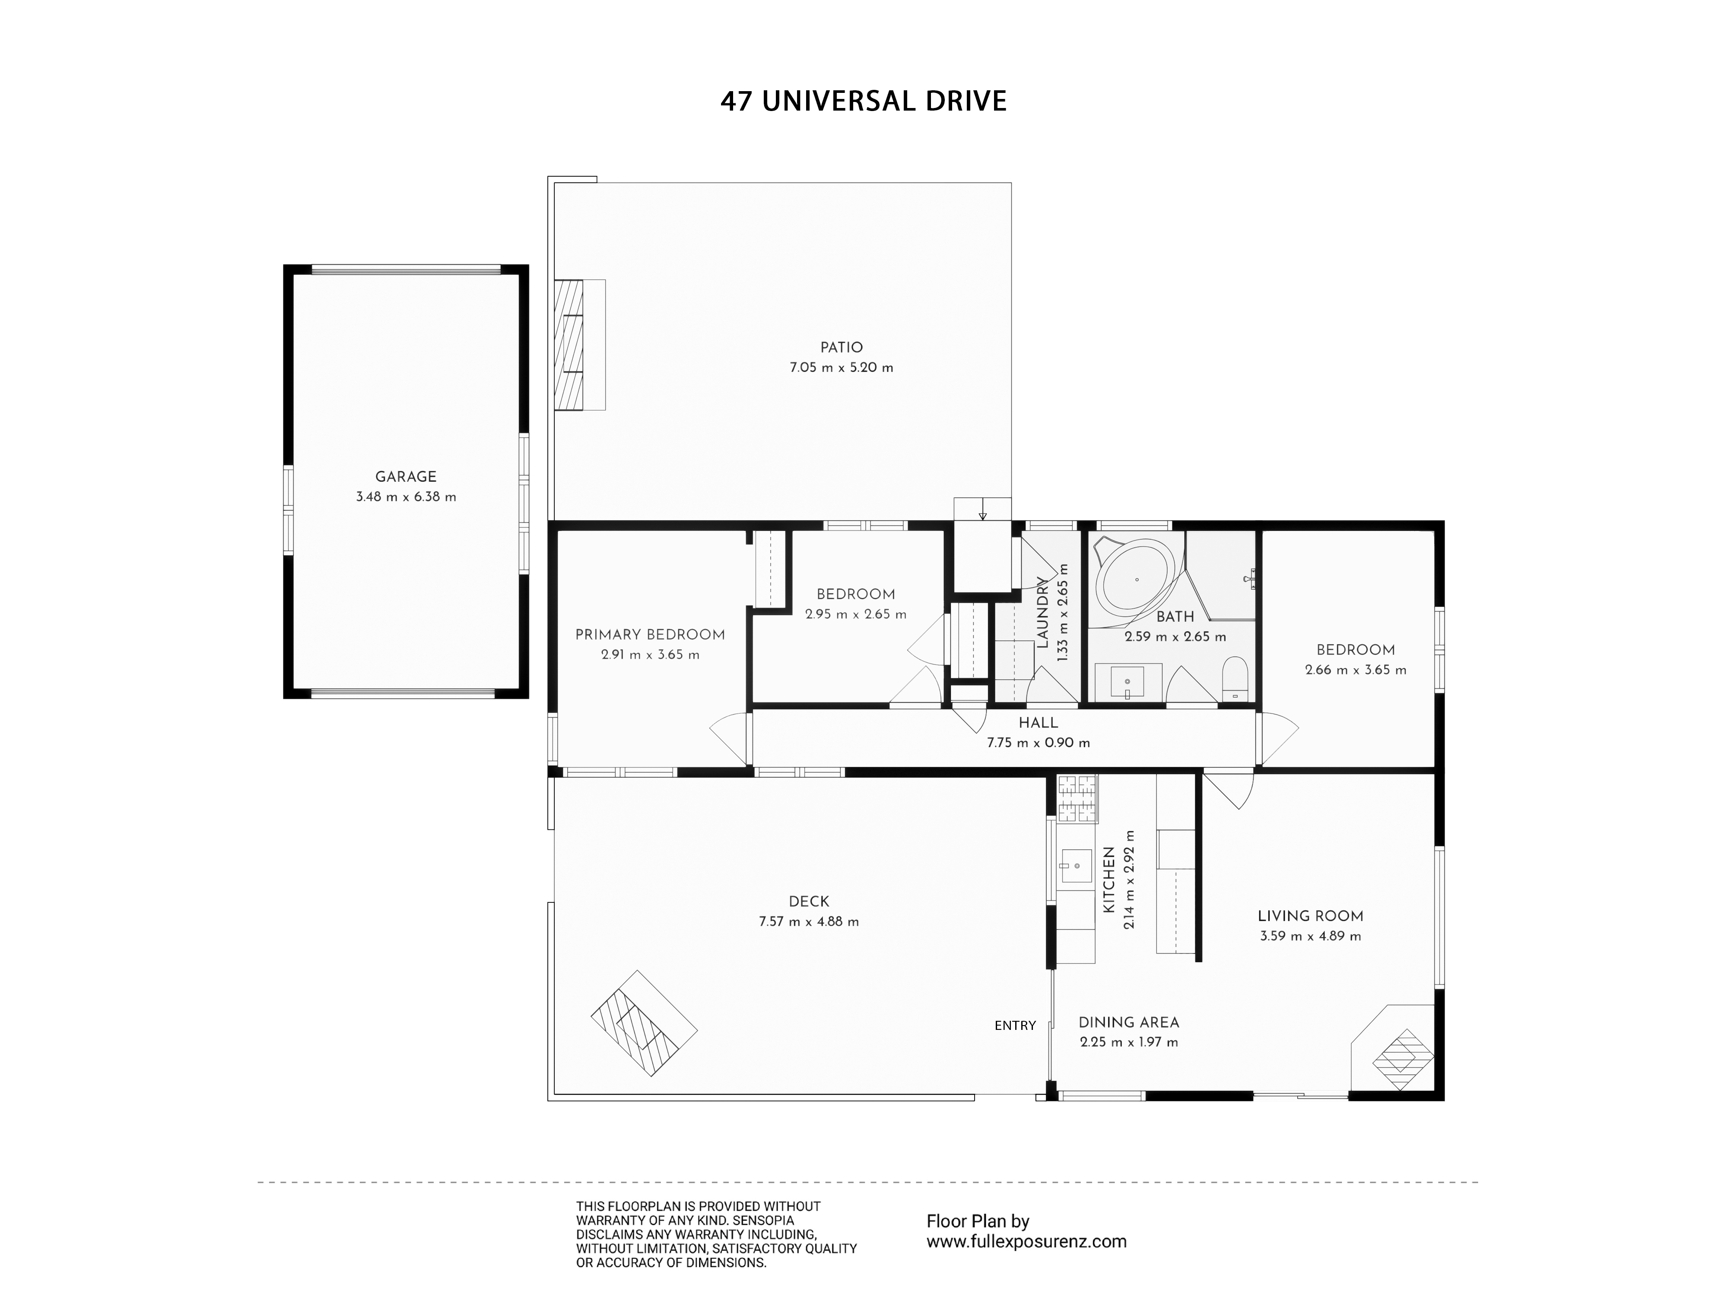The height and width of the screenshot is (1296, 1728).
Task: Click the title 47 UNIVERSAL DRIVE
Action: click(x=863, y=102)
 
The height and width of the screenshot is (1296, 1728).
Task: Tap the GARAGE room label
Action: click(x=406, y=476)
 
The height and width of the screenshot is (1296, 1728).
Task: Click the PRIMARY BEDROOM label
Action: click(x=650, y=635)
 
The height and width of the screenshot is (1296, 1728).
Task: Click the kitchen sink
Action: click(x=1076, y=866)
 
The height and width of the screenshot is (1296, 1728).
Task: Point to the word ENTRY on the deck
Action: click(x=1015, y=1026)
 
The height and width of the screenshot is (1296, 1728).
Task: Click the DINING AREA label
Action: click(x=1129, y=1023)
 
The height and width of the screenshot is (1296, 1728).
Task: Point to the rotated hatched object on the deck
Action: click(x=644, y=1023)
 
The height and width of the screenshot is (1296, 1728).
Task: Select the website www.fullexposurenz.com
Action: click(x=1026, y=1241)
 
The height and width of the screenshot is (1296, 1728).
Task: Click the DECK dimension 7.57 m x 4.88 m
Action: click(x=809, y=922)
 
